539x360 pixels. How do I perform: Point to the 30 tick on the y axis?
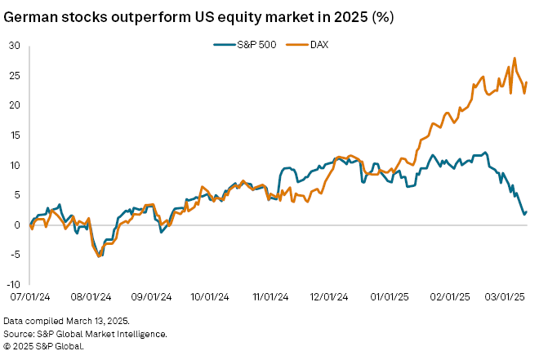tap(13, 46)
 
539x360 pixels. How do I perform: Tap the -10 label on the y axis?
tap(11, 285)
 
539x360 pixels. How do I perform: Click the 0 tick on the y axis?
tap(16, 225)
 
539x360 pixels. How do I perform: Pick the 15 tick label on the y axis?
tap(14, 136)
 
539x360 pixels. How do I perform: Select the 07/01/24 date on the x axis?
tap(29, 299)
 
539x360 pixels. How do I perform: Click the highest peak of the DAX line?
tap(514, 59)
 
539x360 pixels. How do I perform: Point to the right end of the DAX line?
tap(527, 82)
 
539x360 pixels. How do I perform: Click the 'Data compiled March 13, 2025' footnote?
tap(66, 321)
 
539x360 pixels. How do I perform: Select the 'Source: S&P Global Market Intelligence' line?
tap(85, 333)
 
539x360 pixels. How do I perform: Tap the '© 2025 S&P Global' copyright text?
tap(44, 345)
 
